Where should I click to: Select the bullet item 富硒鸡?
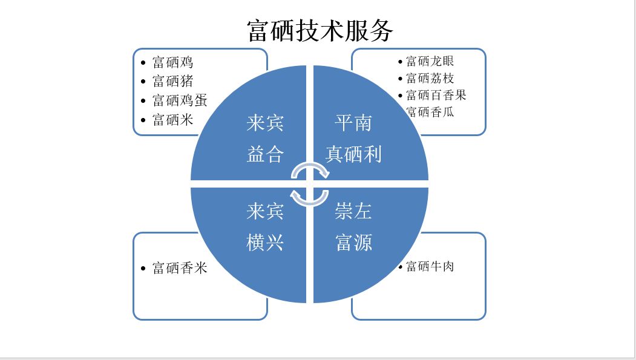[x=172, y=62]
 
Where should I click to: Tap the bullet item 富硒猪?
[x=172, y=81]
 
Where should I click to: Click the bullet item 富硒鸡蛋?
[x=180, y=100]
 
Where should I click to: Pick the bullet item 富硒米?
[x=172, y=119]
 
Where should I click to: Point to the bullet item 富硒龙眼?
[x=430, y=61]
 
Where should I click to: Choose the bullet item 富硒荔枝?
[x=430, y=78]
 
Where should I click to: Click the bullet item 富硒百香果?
[x=436, y=95]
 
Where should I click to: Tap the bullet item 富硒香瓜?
[x=430, y=112]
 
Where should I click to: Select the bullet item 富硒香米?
[x=180, y=267]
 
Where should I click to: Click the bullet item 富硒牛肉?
[x=430, y=266]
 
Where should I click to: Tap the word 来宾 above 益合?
[x=265, y=123]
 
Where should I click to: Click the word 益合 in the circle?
[x=265, y=154]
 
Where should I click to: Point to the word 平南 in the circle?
[x=353, y=123]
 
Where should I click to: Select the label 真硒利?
[x=353, y=154]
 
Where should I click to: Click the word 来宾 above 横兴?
[x=265, y=212]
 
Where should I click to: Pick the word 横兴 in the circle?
[x=265, y=243]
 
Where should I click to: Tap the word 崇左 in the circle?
[x=353, y=212]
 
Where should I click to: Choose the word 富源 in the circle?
[x=353, y=243]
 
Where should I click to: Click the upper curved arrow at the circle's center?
[x=310, y=169]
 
